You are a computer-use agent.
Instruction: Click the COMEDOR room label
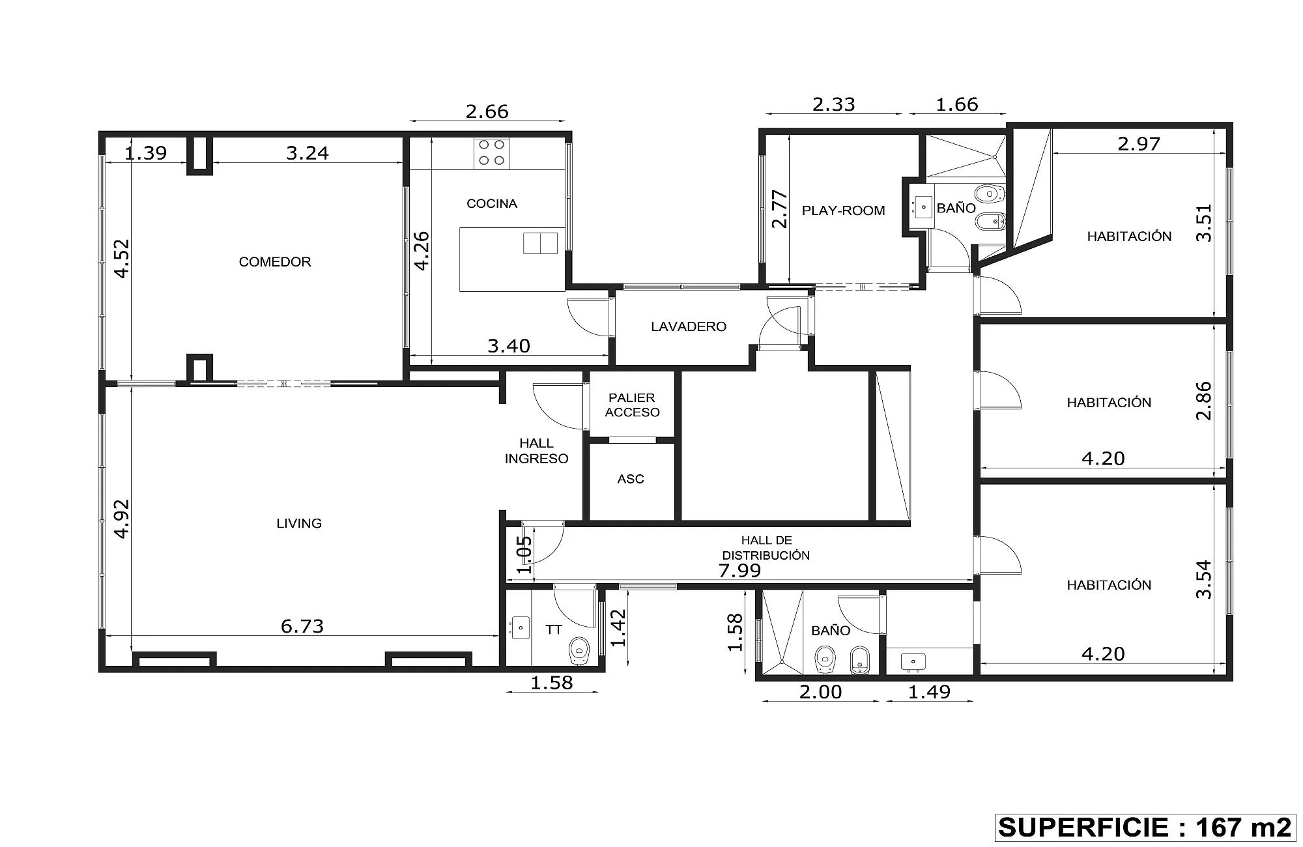click(275, 262)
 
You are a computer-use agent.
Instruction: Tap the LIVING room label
click(299, 523)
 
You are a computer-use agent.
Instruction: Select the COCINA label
click(492, 204)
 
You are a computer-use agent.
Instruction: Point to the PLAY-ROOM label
click(843, 210)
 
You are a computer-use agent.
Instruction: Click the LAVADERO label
click(689, 326)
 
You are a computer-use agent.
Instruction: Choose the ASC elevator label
click(631, 480)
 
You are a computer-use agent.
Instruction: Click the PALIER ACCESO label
click(632, 405)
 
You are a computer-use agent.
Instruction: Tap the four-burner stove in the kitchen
click(492, 153)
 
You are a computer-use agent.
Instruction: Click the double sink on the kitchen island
click(540, 243)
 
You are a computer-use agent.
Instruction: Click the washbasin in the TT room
click(521, 628)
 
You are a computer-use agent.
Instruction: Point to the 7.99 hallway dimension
click(739, 571)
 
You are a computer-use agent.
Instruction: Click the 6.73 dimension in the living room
click(302, 626)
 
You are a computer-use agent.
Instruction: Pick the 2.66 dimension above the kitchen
click(487, 111)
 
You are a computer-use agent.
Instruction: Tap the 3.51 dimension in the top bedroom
click(1205, 223)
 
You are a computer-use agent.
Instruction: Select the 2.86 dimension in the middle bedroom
click(1205, 401)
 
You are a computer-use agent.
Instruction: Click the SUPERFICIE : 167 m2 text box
click(1145, 827)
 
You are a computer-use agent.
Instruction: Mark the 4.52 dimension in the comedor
click(122, 259)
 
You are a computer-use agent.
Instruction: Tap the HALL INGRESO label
click(537, 451)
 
